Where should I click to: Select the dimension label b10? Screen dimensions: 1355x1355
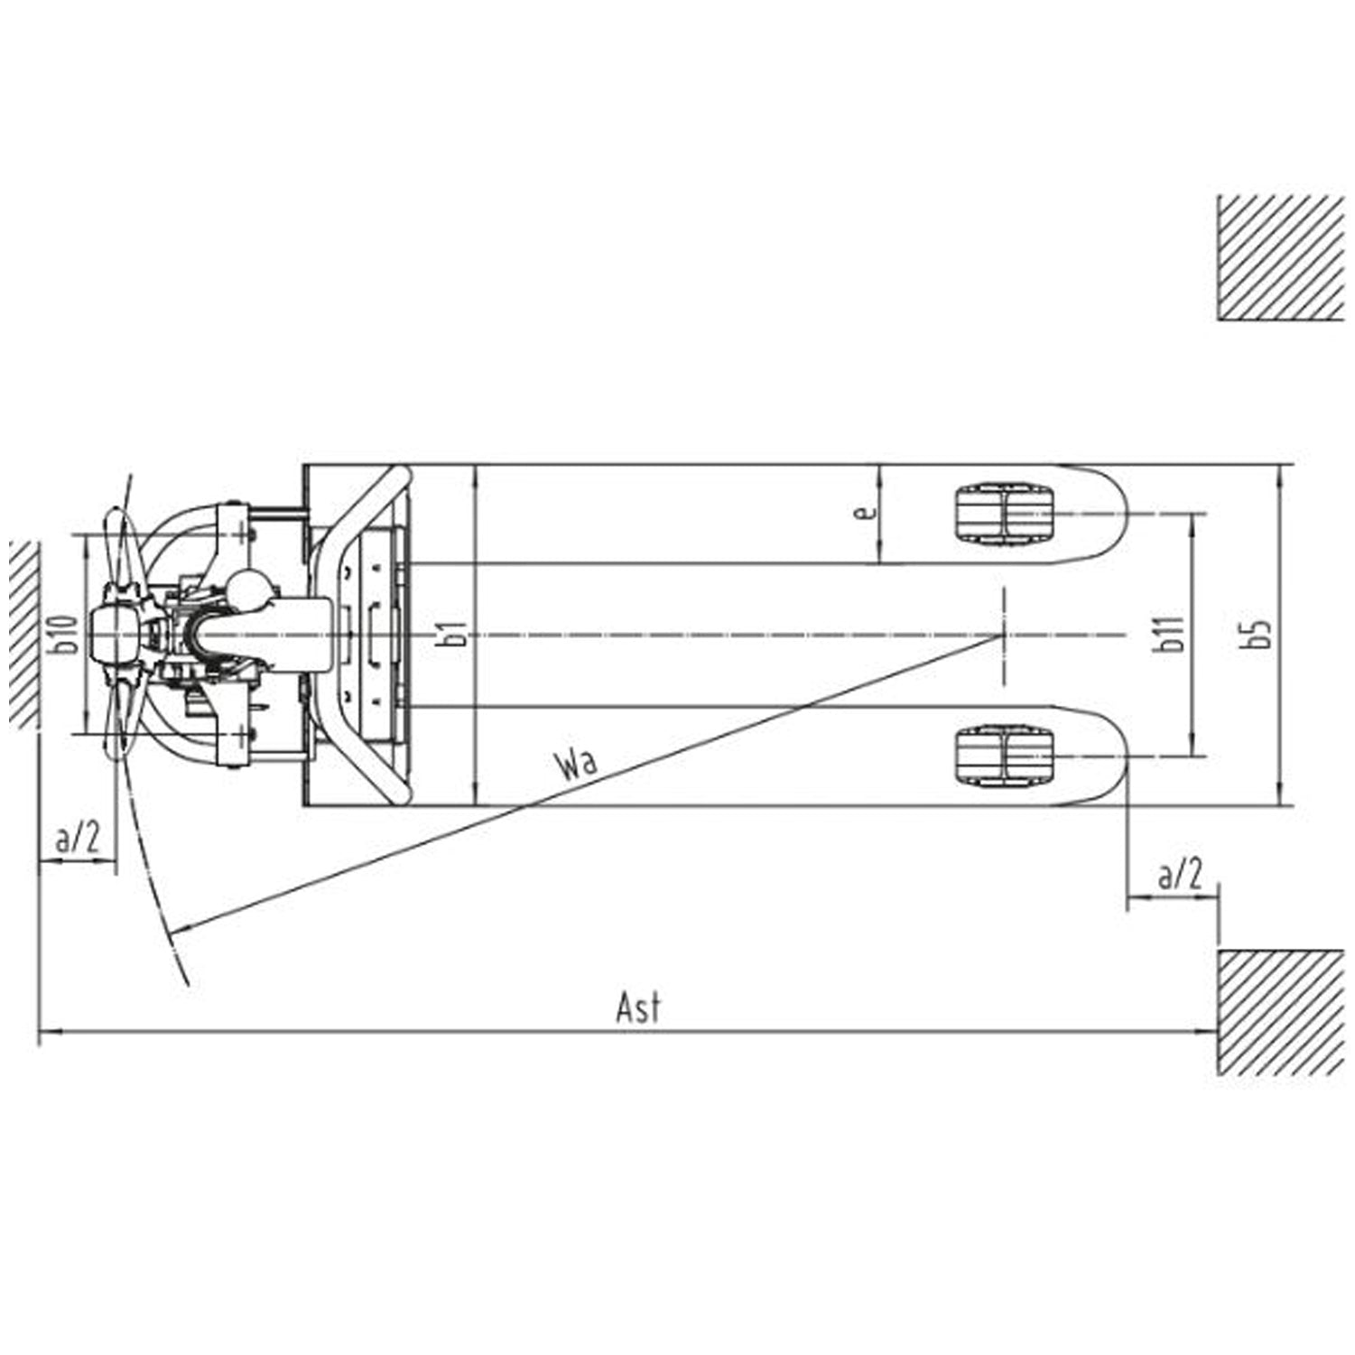65,634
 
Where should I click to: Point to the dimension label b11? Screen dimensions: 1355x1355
1172,635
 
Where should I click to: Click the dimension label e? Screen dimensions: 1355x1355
865,513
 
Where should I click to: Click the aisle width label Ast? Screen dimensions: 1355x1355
638,1007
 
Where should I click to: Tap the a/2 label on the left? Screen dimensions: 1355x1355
78,839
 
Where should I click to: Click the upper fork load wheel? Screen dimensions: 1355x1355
1003,514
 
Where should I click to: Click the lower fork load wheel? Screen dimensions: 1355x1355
1003,756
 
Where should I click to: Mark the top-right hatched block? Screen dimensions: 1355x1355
1280,257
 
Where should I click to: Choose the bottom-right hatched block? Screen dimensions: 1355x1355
1280,1012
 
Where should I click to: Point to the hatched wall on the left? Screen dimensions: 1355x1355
23,634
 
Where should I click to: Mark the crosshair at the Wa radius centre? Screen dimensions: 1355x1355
1003,635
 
